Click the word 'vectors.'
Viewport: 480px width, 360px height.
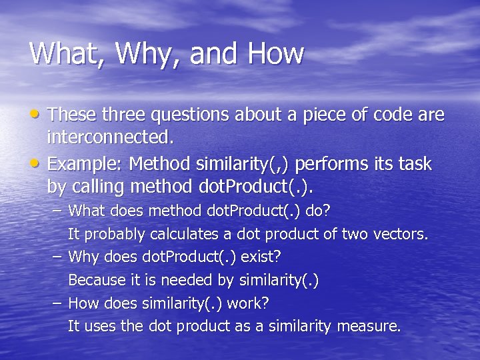coord(404,235)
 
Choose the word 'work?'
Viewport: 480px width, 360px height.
coord(248,303)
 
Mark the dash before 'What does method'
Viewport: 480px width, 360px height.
coord(58,211)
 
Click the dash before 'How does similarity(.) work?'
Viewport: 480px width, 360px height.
coord(58,303)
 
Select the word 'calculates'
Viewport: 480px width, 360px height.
coord(183,235)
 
